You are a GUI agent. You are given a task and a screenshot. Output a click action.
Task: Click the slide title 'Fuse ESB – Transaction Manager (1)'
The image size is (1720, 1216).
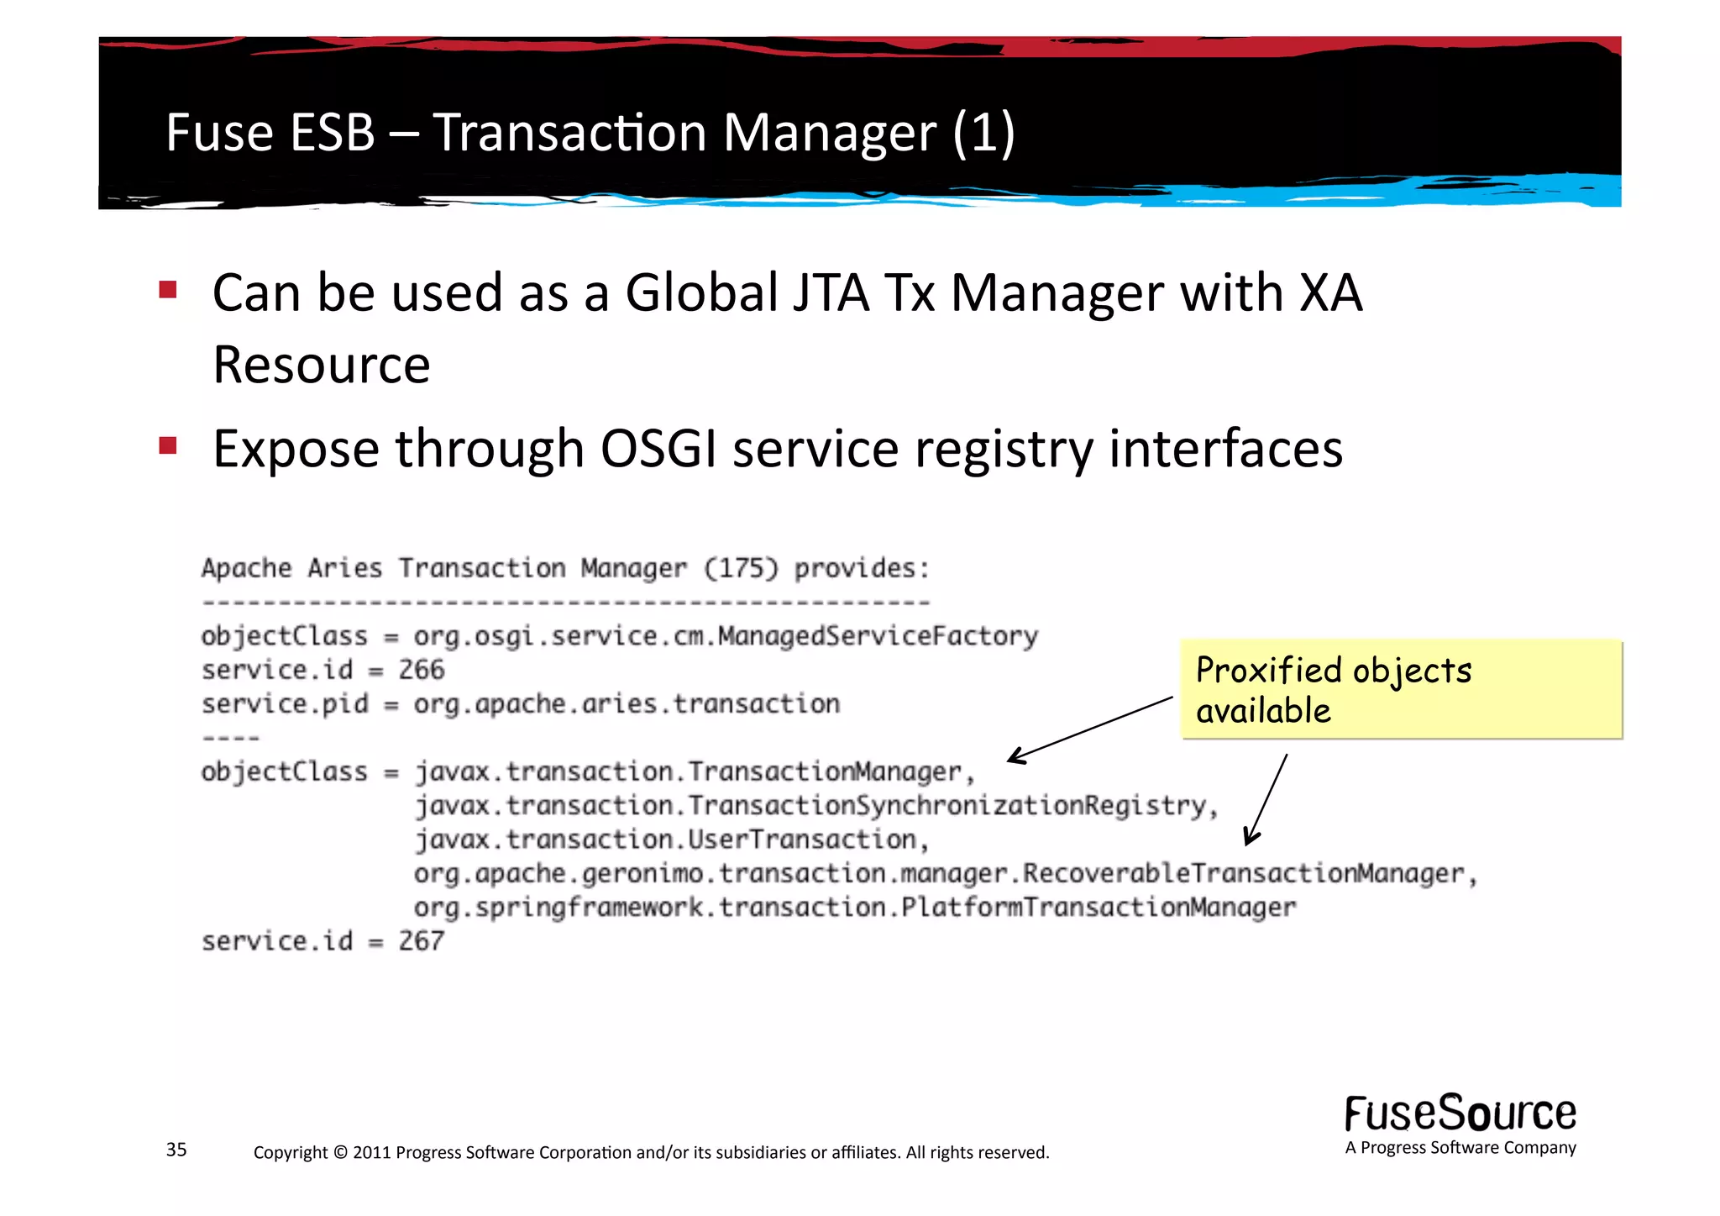590,133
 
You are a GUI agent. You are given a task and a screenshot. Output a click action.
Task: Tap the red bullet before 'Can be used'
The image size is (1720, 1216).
168,290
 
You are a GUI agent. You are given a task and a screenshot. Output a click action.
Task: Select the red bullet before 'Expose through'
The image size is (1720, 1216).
168,445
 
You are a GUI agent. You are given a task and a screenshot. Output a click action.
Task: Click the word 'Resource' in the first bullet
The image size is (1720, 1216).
322,366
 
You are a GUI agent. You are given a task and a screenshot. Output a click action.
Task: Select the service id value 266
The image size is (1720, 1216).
422,670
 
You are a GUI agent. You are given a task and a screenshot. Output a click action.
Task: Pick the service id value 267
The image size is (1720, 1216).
422,941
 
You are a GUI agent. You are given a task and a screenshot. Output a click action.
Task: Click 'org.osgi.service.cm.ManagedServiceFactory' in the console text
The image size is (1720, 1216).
726,636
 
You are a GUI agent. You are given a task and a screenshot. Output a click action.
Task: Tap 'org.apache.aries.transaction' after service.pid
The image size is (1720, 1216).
627,704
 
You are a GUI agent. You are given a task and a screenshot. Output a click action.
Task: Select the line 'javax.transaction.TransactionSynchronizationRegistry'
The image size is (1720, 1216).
815,806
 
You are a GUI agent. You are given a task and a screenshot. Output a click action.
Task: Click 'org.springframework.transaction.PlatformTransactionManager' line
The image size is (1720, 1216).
854,908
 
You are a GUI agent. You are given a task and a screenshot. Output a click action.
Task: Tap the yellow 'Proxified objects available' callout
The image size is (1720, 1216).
1400,689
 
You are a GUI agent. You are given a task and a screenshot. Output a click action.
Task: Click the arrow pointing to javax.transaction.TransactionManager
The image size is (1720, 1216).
1090,729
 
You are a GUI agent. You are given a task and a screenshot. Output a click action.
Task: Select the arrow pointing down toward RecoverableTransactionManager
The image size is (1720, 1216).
1266,798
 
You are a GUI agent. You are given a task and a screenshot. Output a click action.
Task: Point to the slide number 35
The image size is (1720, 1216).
176,1150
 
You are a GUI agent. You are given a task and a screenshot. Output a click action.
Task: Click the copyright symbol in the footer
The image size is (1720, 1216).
340,1152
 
